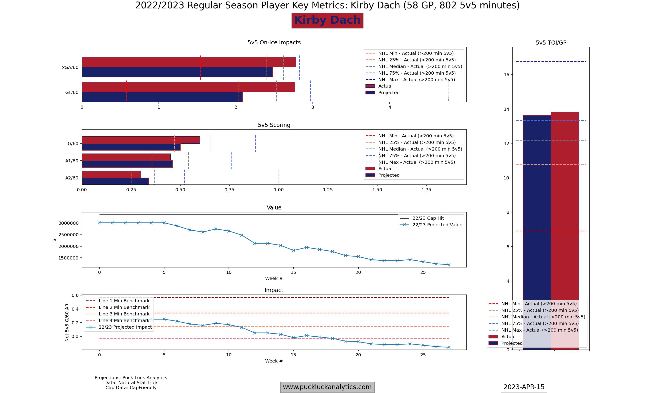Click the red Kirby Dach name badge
click(x=327, y=20)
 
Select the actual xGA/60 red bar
click(x=189, y=62)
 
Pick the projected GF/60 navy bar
click(x=162, y=97)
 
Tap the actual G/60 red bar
click(x=141, y=140)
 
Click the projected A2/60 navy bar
click(x=115, y=181)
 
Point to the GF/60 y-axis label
click(x=72, y=92)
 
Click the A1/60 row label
click(x=72, y=161)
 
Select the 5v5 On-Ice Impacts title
click(x=274, y=42)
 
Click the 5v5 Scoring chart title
click(x=274, y=125)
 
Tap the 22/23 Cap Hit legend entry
click(x=428, y=218)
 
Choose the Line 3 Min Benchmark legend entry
click(x=124, y=314)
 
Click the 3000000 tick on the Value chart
click(x=68, y=223)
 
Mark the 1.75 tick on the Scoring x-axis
click(x=426, y=190)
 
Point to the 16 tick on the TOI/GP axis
click(x=506, y=75)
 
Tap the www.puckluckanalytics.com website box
click(x=327, y=387)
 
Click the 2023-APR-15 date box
click(x=524, y=387)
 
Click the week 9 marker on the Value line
click(x=216, y=229)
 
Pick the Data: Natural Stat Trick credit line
click(x=131, y=383)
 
